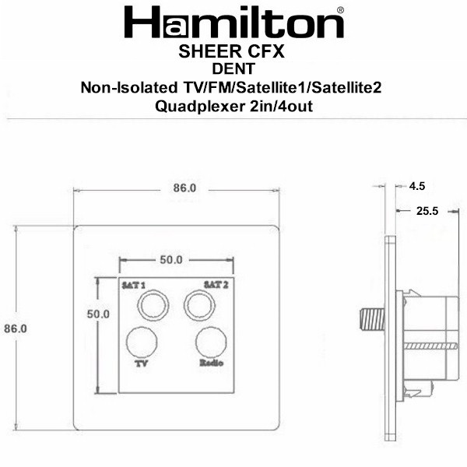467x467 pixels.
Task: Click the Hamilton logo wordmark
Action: (233, 23)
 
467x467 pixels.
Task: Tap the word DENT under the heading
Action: (233, 68)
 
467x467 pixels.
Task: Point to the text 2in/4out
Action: (281, 106)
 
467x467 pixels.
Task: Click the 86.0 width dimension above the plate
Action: (184, 188)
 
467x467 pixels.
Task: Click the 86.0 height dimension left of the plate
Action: (16, 328)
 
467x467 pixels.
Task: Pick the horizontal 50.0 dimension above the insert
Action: (171, 260)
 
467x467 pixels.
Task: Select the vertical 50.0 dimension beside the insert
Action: (98, 314)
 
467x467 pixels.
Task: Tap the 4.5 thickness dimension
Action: (417, 186)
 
